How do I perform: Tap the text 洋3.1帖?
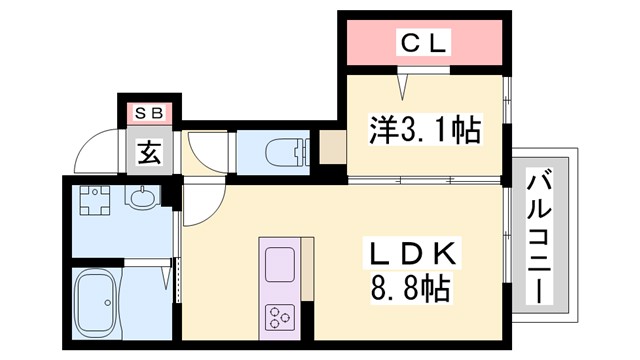click(x=424, y=129)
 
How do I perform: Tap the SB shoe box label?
click(x=149, y=113)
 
